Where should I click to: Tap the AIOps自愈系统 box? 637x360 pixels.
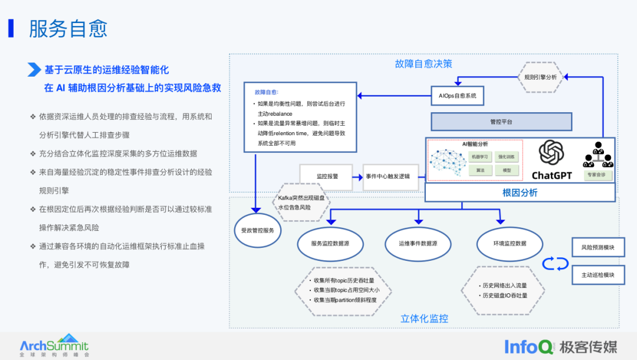458,95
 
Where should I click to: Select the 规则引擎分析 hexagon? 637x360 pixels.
540,77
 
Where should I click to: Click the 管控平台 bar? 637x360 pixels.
501,122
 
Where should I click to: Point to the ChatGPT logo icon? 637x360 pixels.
552,155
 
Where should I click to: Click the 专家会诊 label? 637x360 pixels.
598,175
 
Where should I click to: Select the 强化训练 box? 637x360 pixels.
507,157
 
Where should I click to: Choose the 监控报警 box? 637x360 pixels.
326,176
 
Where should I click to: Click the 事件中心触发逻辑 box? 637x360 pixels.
392,176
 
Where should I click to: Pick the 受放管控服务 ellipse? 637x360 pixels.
258,230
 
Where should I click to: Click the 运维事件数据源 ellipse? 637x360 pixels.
418,243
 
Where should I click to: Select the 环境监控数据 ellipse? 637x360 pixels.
510,243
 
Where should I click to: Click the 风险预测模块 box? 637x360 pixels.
598,247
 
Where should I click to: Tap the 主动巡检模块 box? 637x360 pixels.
598,275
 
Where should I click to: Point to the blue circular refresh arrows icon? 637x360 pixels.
556,263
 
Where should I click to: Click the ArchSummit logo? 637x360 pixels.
54,346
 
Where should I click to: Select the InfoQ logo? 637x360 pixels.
529,347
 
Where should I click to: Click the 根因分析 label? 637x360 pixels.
520,192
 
